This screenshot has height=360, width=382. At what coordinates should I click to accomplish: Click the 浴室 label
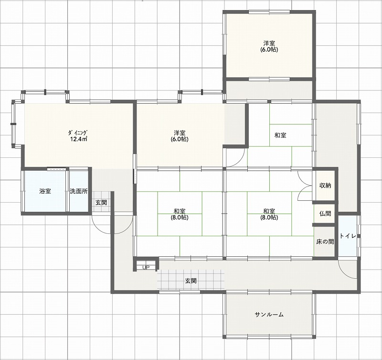pyautogui.click(x=45, y=191)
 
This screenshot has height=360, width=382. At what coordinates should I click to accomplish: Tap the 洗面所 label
pyautogui.click(x=79, y=191)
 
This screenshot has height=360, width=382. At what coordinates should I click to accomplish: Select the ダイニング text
pyautogui.click(x=77, y=133)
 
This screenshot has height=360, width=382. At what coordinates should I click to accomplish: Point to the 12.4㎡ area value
pyautogui.click(x=78, y=139)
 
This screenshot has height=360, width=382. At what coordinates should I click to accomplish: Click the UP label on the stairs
pyautogui.click(x=146, y=268)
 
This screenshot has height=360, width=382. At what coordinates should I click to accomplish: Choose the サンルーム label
pyautogui.click(x=269, y=315)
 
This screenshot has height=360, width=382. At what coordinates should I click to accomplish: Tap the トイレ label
pyautogui.click(x=348, y=236)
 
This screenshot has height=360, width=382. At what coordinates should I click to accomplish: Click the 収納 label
pyautogui.click(x=325, y=185)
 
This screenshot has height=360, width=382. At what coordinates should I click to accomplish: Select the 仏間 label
pyautogui.click(x=325, y=213)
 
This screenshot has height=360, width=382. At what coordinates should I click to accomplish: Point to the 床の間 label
pyautogui.click(x=325, y=242)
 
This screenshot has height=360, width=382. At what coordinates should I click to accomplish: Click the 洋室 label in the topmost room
pyautogui.click(x=269, y=44)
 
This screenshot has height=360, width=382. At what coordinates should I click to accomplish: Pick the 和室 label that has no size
pyautogui.click(x=280, y=135)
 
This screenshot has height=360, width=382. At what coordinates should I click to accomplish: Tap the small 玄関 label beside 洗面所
pyautogui.click(x=101, y=202)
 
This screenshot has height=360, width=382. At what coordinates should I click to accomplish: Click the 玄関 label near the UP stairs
pyautogui.click(x=191, y=281)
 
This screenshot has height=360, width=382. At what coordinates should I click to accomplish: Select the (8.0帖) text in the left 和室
pyautogui.click(x=180, y=218)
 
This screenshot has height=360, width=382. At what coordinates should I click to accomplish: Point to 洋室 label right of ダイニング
pyautogui.click(x=180, y=133)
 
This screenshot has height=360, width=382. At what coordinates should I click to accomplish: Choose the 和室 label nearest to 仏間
pyautogui.click(x=269, y=211)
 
